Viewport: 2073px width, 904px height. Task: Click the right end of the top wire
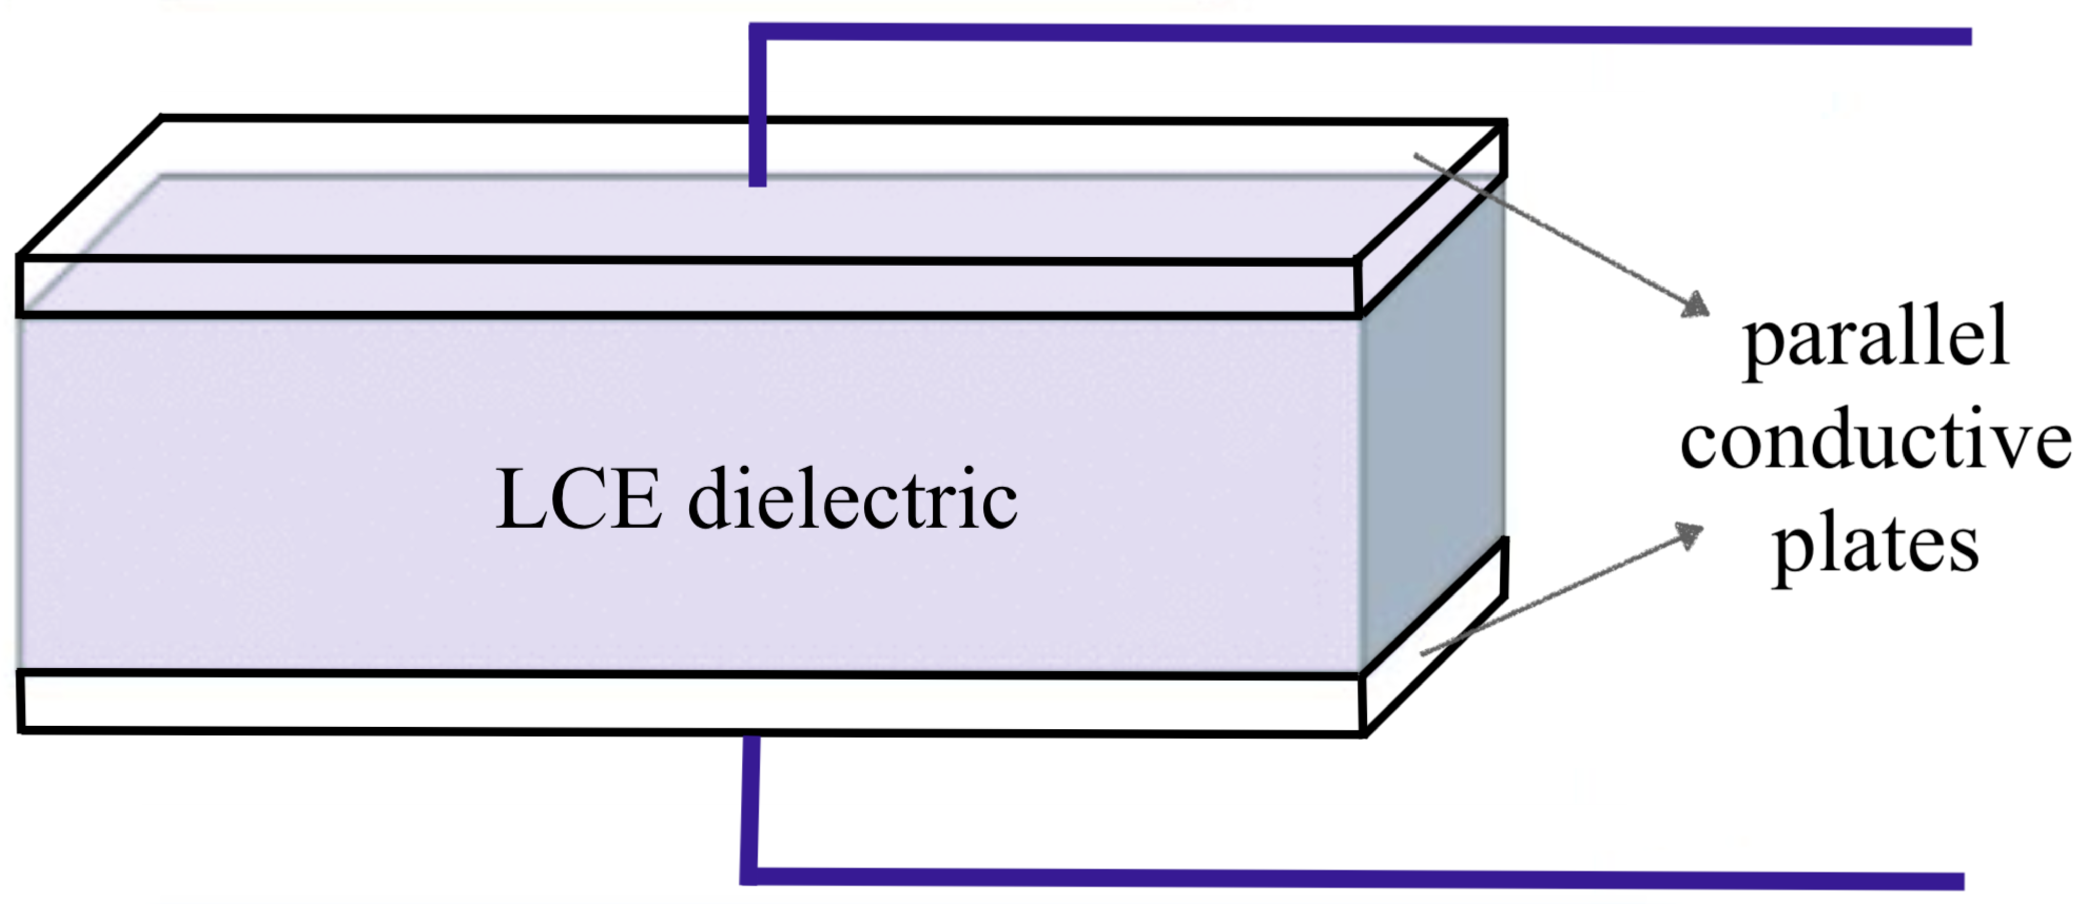point(1970,36)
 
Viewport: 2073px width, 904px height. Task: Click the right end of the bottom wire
point(1963,881)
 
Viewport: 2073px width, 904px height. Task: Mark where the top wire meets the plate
point(757,183)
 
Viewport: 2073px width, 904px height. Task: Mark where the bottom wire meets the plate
point(751,736)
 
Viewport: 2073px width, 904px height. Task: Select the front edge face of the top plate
point(688,287)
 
